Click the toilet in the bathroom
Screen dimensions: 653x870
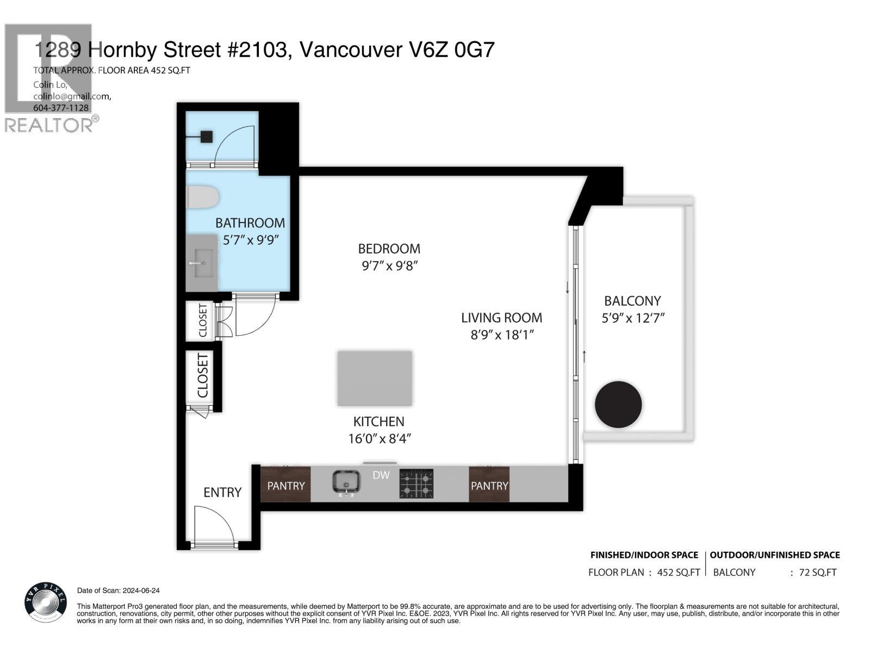coord(202,197)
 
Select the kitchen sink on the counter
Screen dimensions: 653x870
coord(346,482)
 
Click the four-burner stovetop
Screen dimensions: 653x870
coord(417,484)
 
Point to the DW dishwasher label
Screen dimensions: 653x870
coord(381,475)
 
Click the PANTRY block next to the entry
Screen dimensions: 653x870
coord(286,485)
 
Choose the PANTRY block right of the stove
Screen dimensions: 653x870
coord(489,485)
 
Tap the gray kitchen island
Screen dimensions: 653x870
coord(375,378)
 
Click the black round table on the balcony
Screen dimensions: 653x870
coord(618,405)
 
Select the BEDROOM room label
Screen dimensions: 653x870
coord(389,249)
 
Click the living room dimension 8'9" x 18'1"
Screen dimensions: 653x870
coord(502,335)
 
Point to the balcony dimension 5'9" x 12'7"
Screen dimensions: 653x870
coord(633,318)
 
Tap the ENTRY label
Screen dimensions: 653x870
coord(222,492)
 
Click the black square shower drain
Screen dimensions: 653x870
coord(206,137)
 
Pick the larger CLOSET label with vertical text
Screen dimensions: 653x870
coord(202,375)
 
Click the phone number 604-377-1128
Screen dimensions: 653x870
coord(61,108)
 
